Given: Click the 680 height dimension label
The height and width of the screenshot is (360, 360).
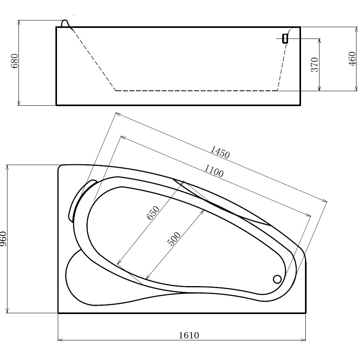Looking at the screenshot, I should pyautogui.click(x=15, y=61).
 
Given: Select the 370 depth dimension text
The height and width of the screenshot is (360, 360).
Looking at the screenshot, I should pyautogui.click(x=314, y=64).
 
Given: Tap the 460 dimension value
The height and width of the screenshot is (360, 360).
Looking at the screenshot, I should pyautogui.click(x=352, y=59).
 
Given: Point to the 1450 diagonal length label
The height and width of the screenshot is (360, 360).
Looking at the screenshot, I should pyautogui.click(x=220, y=152).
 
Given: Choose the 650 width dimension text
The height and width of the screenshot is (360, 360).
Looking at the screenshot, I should pyautogui.click(x=153, y=214).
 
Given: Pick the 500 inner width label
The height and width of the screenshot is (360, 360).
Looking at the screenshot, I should pyautogui.click(x=174, y=239).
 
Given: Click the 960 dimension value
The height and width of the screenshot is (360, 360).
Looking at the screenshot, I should pyautogui.click(x=4, y=239).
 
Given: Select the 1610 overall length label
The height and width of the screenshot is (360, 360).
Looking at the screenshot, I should pyautogui.click(x=189, y=336).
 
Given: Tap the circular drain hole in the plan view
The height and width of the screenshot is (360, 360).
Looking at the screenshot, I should pyautogui.click(x=277, y=279).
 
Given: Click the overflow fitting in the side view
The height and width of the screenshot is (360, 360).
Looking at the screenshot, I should pyautogui.click(x=285, y=38).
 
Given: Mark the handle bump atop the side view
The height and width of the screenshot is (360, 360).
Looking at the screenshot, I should pyautogui.click(x=65, y=23).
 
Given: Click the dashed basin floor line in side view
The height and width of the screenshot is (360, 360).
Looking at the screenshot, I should pyautogui.click(x=197, y=91).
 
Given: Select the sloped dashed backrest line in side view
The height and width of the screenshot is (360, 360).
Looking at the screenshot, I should pyautogui.click(x=94, y=59).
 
